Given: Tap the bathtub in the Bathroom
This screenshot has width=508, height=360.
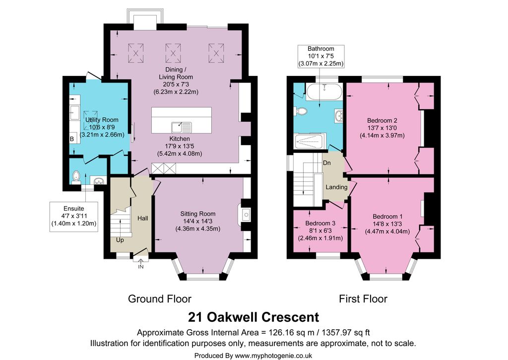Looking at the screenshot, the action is pyautogui.click(x=324, y=92).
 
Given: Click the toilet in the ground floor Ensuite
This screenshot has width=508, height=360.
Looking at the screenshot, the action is pyautogui.click(x=76, y=177).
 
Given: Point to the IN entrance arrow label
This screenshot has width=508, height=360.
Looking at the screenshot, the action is pyautogui.click(x=141, y=267).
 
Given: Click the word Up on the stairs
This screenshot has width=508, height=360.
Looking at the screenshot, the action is pyautogui.click(x=120, y=240).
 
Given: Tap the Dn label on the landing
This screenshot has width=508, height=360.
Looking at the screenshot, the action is pyautogui.click(x=327, y=163).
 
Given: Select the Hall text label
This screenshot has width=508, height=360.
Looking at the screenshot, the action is pyautogui.click(x=142, y=218).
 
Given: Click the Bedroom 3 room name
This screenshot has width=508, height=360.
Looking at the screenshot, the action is pyautogui.click(x=320, y=223).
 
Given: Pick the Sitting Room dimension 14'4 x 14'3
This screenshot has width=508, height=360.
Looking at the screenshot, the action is pyautogui.click(x=198, y=221).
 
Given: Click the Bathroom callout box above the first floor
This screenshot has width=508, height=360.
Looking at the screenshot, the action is pyautogui.click(x=321, y=56).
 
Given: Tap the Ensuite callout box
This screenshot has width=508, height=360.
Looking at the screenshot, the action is pyautogui.click(x=74, y=216).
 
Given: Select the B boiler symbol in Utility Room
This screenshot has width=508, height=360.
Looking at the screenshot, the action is pyautogui.click(x=72, y=139).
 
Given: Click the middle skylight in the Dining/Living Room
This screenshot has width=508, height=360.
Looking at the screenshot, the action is pyautogui.click(x=173, y=53).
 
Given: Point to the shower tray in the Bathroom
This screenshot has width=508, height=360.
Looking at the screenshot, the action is pyautogui.click(x=308, y=141).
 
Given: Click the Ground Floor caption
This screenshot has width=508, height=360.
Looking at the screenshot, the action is pyautogui.click(x=160, y=299).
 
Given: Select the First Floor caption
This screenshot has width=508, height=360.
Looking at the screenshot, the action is pyautogui.click(x=363, y=299).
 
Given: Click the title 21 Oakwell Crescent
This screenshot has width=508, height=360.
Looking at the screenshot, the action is pyautogui.click(x=254, y=317).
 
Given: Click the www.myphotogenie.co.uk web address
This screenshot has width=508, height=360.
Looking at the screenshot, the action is pyautogui.click(x=273, y=356).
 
